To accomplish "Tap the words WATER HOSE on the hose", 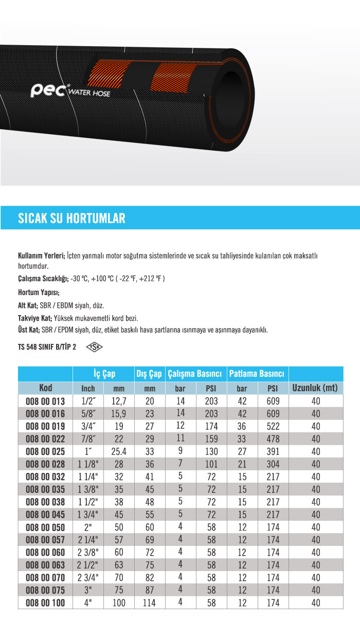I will click(89, 93).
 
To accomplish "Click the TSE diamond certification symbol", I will click(94, 347).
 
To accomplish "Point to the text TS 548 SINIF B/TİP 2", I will click(47, 347).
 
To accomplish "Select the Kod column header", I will click(45, 388).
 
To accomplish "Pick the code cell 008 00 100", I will click(45, 603).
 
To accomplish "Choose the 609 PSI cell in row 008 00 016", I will click(273, 414).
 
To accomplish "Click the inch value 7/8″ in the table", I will click(88, 439).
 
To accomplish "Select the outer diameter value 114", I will click(150, 603).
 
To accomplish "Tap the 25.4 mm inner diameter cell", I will click(119, 452).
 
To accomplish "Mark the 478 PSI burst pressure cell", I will click(273, 439).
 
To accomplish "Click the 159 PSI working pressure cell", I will click(210, 439).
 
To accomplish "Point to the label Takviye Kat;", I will click(34, 318).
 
